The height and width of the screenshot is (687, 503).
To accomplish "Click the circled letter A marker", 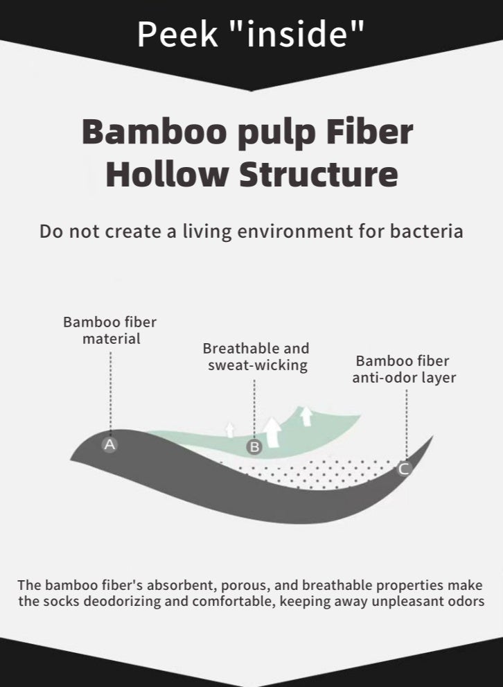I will pos(109,445).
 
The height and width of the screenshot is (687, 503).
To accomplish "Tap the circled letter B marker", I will pos(254,447).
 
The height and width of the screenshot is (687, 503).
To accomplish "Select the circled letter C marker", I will pos(405,469).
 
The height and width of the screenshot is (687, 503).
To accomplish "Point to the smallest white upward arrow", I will pos(230,430).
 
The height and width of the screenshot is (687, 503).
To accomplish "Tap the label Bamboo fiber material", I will pos(110,331).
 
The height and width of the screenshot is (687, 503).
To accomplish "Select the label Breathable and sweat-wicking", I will pos(256,356).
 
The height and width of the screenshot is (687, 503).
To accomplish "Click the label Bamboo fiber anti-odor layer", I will pos(404,369).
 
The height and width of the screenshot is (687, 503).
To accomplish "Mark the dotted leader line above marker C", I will pos(406,423).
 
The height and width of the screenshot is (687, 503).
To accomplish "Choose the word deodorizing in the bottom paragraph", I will pos(122,601).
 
